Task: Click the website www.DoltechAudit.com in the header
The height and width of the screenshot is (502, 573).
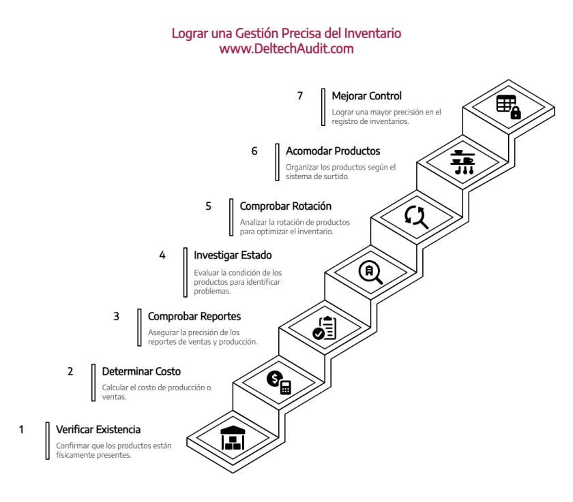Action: (x=286, y=48)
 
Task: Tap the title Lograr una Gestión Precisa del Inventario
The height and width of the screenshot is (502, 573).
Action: (x=286, y=33)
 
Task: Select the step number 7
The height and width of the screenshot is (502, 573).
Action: (x=299, y=96)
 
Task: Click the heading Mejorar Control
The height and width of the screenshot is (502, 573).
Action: (x=366, y=96)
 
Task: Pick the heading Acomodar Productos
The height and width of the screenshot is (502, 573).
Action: (x=333, y=151)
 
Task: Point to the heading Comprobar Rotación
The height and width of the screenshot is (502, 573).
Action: (x=286, y=206)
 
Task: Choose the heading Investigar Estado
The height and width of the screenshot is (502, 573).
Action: (x=233, y=255)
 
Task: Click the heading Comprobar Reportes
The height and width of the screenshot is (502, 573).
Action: (x=194, y=317)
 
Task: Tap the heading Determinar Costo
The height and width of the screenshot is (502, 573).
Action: (x=141, y=372)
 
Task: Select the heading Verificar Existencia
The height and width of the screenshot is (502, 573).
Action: (x=98, y=430)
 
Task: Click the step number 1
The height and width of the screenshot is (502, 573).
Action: (x=21, y=430)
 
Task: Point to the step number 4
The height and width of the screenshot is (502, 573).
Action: (x=162, y=255)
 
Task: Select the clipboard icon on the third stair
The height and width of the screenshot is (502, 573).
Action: (x=324, y=328)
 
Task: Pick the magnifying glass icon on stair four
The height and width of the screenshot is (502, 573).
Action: (x=370, y=272)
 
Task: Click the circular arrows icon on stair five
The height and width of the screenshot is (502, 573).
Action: (x=416, y=217)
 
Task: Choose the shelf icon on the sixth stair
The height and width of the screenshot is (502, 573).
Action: (x=462, y=162)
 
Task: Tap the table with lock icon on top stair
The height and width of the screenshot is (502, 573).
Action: (x=508, y=107)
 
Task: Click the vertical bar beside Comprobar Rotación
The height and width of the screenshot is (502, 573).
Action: (x=231, y=217)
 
